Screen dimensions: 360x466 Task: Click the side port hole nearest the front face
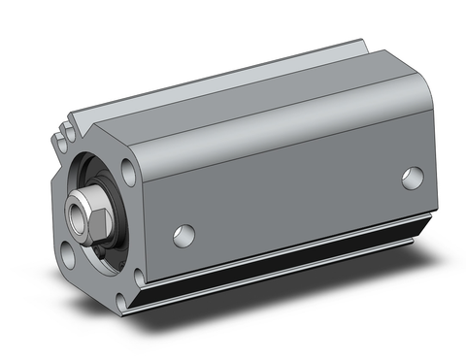183,234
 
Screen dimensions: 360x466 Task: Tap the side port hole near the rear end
413,178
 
